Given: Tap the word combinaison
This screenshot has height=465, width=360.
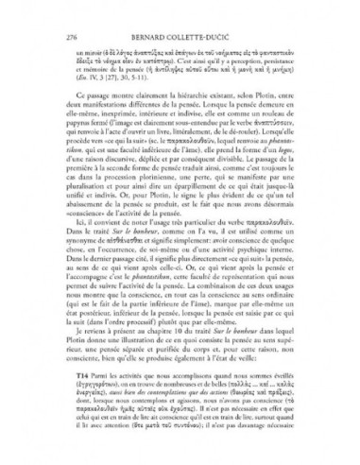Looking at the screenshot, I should point(205,326).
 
